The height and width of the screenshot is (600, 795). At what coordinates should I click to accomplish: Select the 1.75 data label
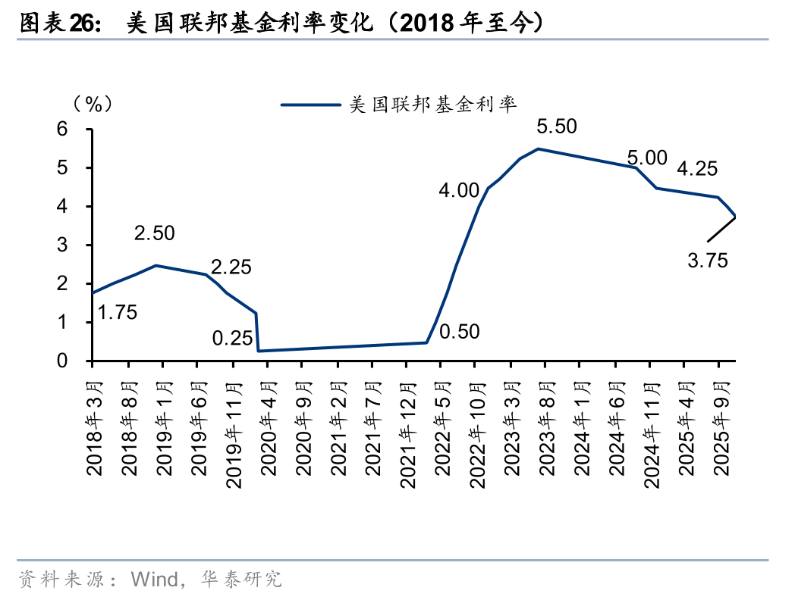pos(118,311)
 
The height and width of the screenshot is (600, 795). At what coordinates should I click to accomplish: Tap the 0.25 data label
pos(232,338)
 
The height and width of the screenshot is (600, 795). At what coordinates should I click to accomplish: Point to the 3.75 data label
pos(708,261)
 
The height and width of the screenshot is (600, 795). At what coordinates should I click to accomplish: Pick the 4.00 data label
pos(458,190)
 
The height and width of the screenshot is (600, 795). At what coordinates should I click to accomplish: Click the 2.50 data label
pos(154,233)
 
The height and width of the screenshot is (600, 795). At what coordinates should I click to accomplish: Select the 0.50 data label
pos(459,332)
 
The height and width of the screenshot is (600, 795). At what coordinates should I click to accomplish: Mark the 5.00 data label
pos(646,158)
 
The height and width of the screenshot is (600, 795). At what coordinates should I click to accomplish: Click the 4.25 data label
pos(696,169)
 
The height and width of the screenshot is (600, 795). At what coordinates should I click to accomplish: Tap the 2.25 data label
pos(231,267)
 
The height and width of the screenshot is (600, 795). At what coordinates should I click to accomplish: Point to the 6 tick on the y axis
pos(62,130)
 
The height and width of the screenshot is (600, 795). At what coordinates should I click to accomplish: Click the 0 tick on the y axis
pos(62,361)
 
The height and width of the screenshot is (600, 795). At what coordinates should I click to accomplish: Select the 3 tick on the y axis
pos(62,245)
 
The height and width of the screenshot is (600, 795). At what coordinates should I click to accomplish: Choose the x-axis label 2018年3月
pos(94,427)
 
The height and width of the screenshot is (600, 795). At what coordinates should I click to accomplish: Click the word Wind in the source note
pos(153,580)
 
